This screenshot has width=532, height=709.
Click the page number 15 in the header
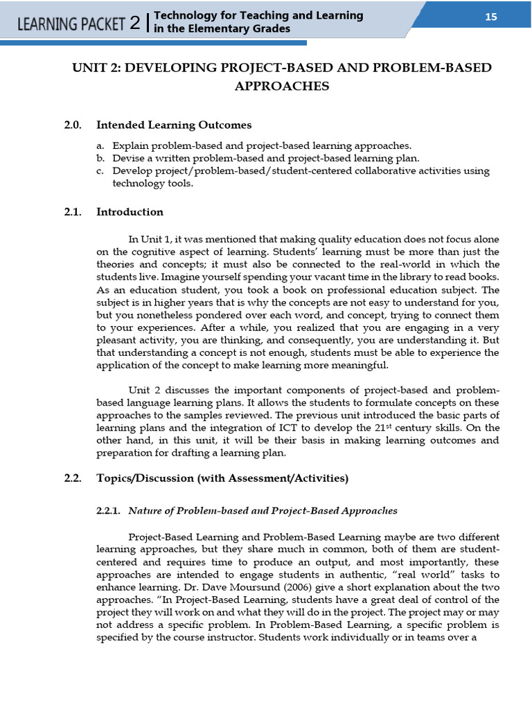[490, 17]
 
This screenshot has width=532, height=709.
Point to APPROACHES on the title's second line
[282, 87]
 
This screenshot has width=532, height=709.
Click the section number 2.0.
[73, 125]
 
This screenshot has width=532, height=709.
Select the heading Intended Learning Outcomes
[174, 125]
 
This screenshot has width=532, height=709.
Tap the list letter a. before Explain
[100, 145]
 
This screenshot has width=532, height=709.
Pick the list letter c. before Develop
[100, 170]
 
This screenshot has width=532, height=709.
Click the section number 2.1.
[73, 212]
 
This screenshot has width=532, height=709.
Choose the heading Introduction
[130, 212]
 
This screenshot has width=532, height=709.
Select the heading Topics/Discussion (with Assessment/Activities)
[222, 478]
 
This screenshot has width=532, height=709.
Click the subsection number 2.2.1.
[108, 511]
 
